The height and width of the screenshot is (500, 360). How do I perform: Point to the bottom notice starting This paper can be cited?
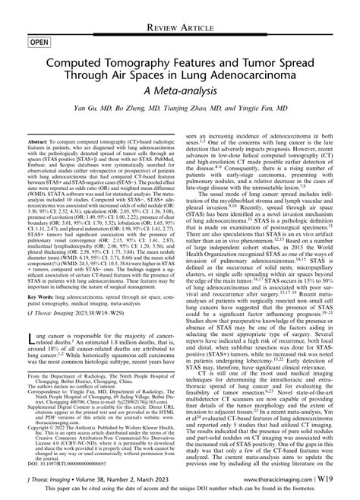pos(180,491)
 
